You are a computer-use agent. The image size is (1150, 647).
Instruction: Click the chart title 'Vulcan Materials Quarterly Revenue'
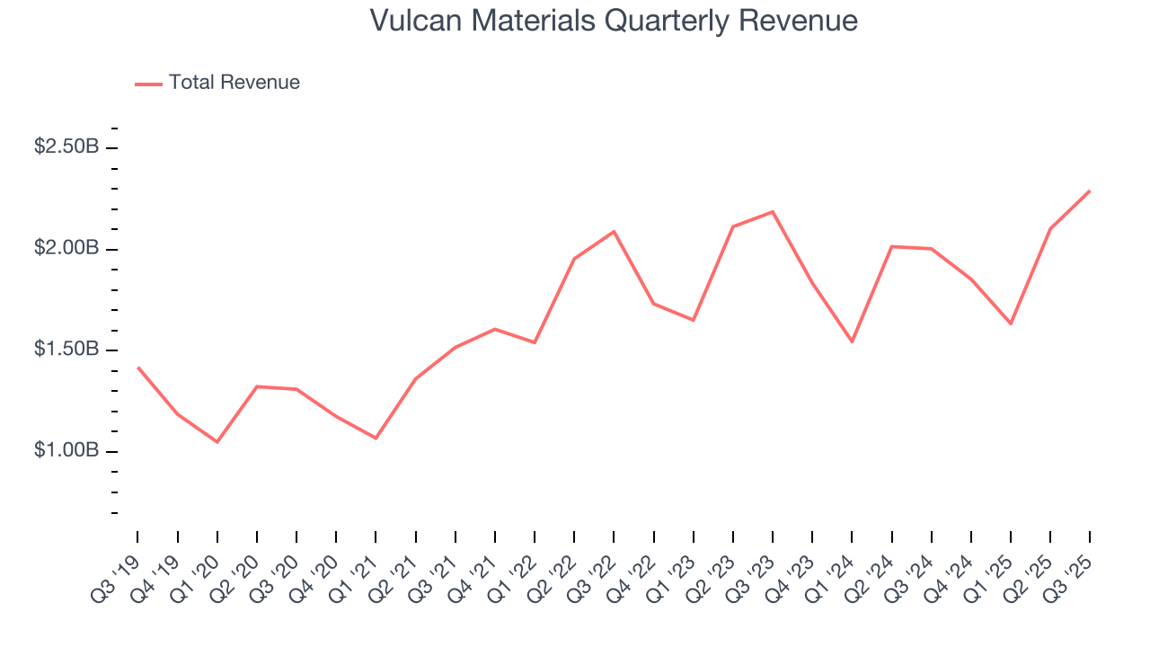point(614,21)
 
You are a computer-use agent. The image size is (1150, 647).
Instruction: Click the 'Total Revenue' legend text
point(234,83)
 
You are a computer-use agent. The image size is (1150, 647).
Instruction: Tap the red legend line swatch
point(148,84)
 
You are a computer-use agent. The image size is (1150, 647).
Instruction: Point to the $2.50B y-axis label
point(66,146)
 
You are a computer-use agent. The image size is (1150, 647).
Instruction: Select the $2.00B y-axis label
point(66,248)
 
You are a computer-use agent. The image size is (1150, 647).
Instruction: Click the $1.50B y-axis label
point(66,350)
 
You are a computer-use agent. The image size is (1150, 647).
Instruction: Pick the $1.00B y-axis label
point(66,450)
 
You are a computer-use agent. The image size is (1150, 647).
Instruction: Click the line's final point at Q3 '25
point(1090,191)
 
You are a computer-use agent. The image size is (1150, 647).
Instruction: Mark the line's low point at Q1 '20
point(217,442)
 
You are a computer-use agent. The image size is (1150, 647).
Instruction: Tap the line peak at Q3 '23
point(773,212)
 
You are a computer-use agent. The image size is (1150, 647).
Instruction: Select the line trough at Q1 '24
point(852,341)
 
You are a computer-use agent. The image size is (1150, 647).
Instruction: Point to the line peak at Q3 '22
point(614,232)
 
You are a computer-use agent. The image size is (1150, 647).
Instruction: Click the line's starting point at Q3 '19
point(137,367)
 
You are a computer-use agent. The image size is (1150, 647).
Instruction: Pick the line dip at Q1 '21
point(376,439)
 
